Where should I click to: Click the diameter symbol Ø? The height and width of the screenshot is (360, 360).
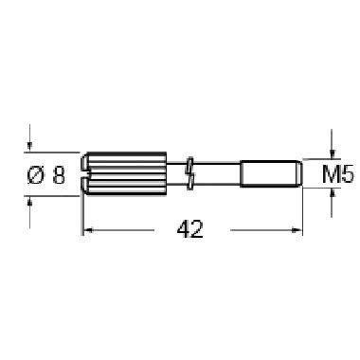[x=35, y=175]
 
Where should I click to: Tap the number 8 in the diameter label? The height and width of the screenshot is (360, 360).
[x=59, y=175]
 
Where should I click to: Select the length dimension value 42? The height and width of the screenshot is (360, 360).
[x=190, y=229]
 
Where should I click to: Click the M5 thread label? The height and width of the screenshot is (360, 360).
[x=338, y=174]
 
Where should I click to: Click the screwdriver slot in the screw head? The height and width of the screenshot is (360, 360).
[x=85, y=173]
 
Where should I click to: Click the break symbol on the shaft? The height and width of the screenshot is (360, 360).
[x=189, y=173]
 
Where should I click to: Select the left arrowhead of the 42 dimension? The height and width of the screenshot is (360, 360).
[x=88, y=230]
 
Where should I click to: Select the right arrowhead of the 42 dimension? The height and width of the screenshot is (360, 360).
[x=297, y=230]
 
